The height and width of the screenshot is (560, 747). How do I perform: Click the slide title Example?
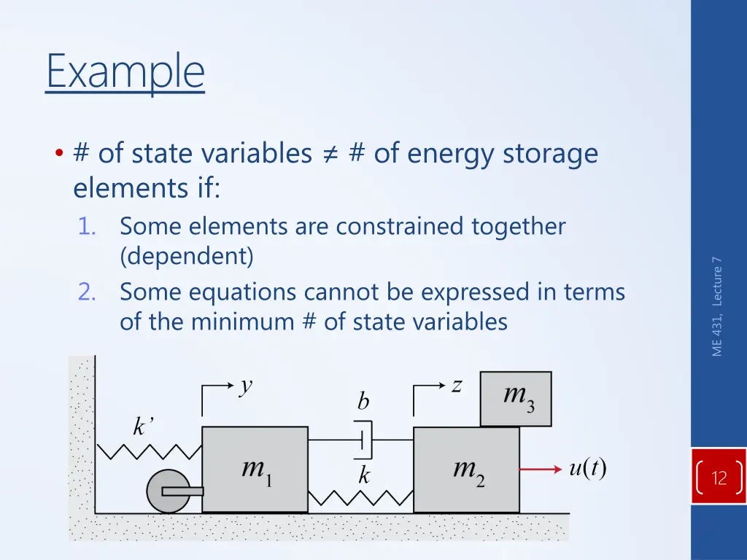125,71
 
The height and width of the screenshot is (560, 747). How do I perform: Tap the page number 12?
719,478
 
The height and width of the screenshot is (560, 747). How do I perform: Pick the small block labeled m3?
516,398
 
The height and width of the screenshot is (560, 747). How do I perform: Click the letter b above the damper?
363,402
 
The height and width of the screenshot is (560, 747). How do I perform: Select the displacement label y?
247,386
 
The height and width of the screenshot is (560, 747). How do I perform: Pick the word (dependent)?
187,257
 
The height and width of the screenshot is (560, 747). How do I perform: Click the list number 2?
88,292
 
